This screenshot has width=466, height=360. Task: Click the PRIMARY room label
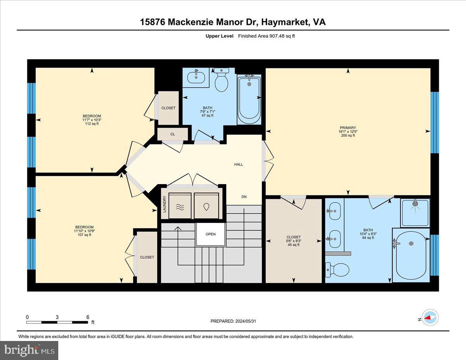(x=348, y=128)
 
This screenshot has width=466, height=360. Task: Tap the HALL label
(x=238, y=164)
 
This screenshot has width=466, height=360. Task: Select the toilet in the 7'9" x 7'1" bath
(x=221, y=80)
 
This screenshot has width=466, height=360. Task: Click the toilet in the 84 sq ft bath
(x=333, y=270)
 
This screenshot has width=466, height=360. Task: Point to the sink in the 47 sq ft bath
(x=196, y=76)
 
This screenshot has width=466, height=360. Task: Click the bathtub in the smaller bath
(x=249, y=99)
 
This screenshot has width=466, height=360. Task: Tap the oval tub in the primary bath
(x=411, y=255)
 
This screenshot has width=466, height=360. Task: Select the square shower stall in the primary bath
(x=415, y=212)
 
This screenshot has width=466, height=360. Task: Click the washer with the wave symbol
(x=180, y=206)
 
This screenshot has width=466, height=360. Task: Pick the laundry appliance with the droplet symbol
(x=207, y=206)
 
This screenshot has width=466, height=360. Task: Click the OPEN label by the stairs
(x=210, y=234)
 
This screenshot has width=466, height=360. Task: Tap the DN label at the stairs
(x=244, y=197)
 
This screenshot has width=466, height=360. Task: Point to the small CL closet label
(x=172, y=134)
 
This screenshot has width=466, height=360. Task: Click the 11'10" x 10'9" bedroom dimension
(x=84, y=231)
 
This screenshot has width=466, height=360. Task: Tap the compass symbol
(x=430, y=318)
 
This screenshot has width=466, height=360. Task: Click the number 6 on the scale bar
(x=88, y=317)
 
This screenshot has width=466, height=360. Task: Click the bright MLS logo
(x=29, y=350)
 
